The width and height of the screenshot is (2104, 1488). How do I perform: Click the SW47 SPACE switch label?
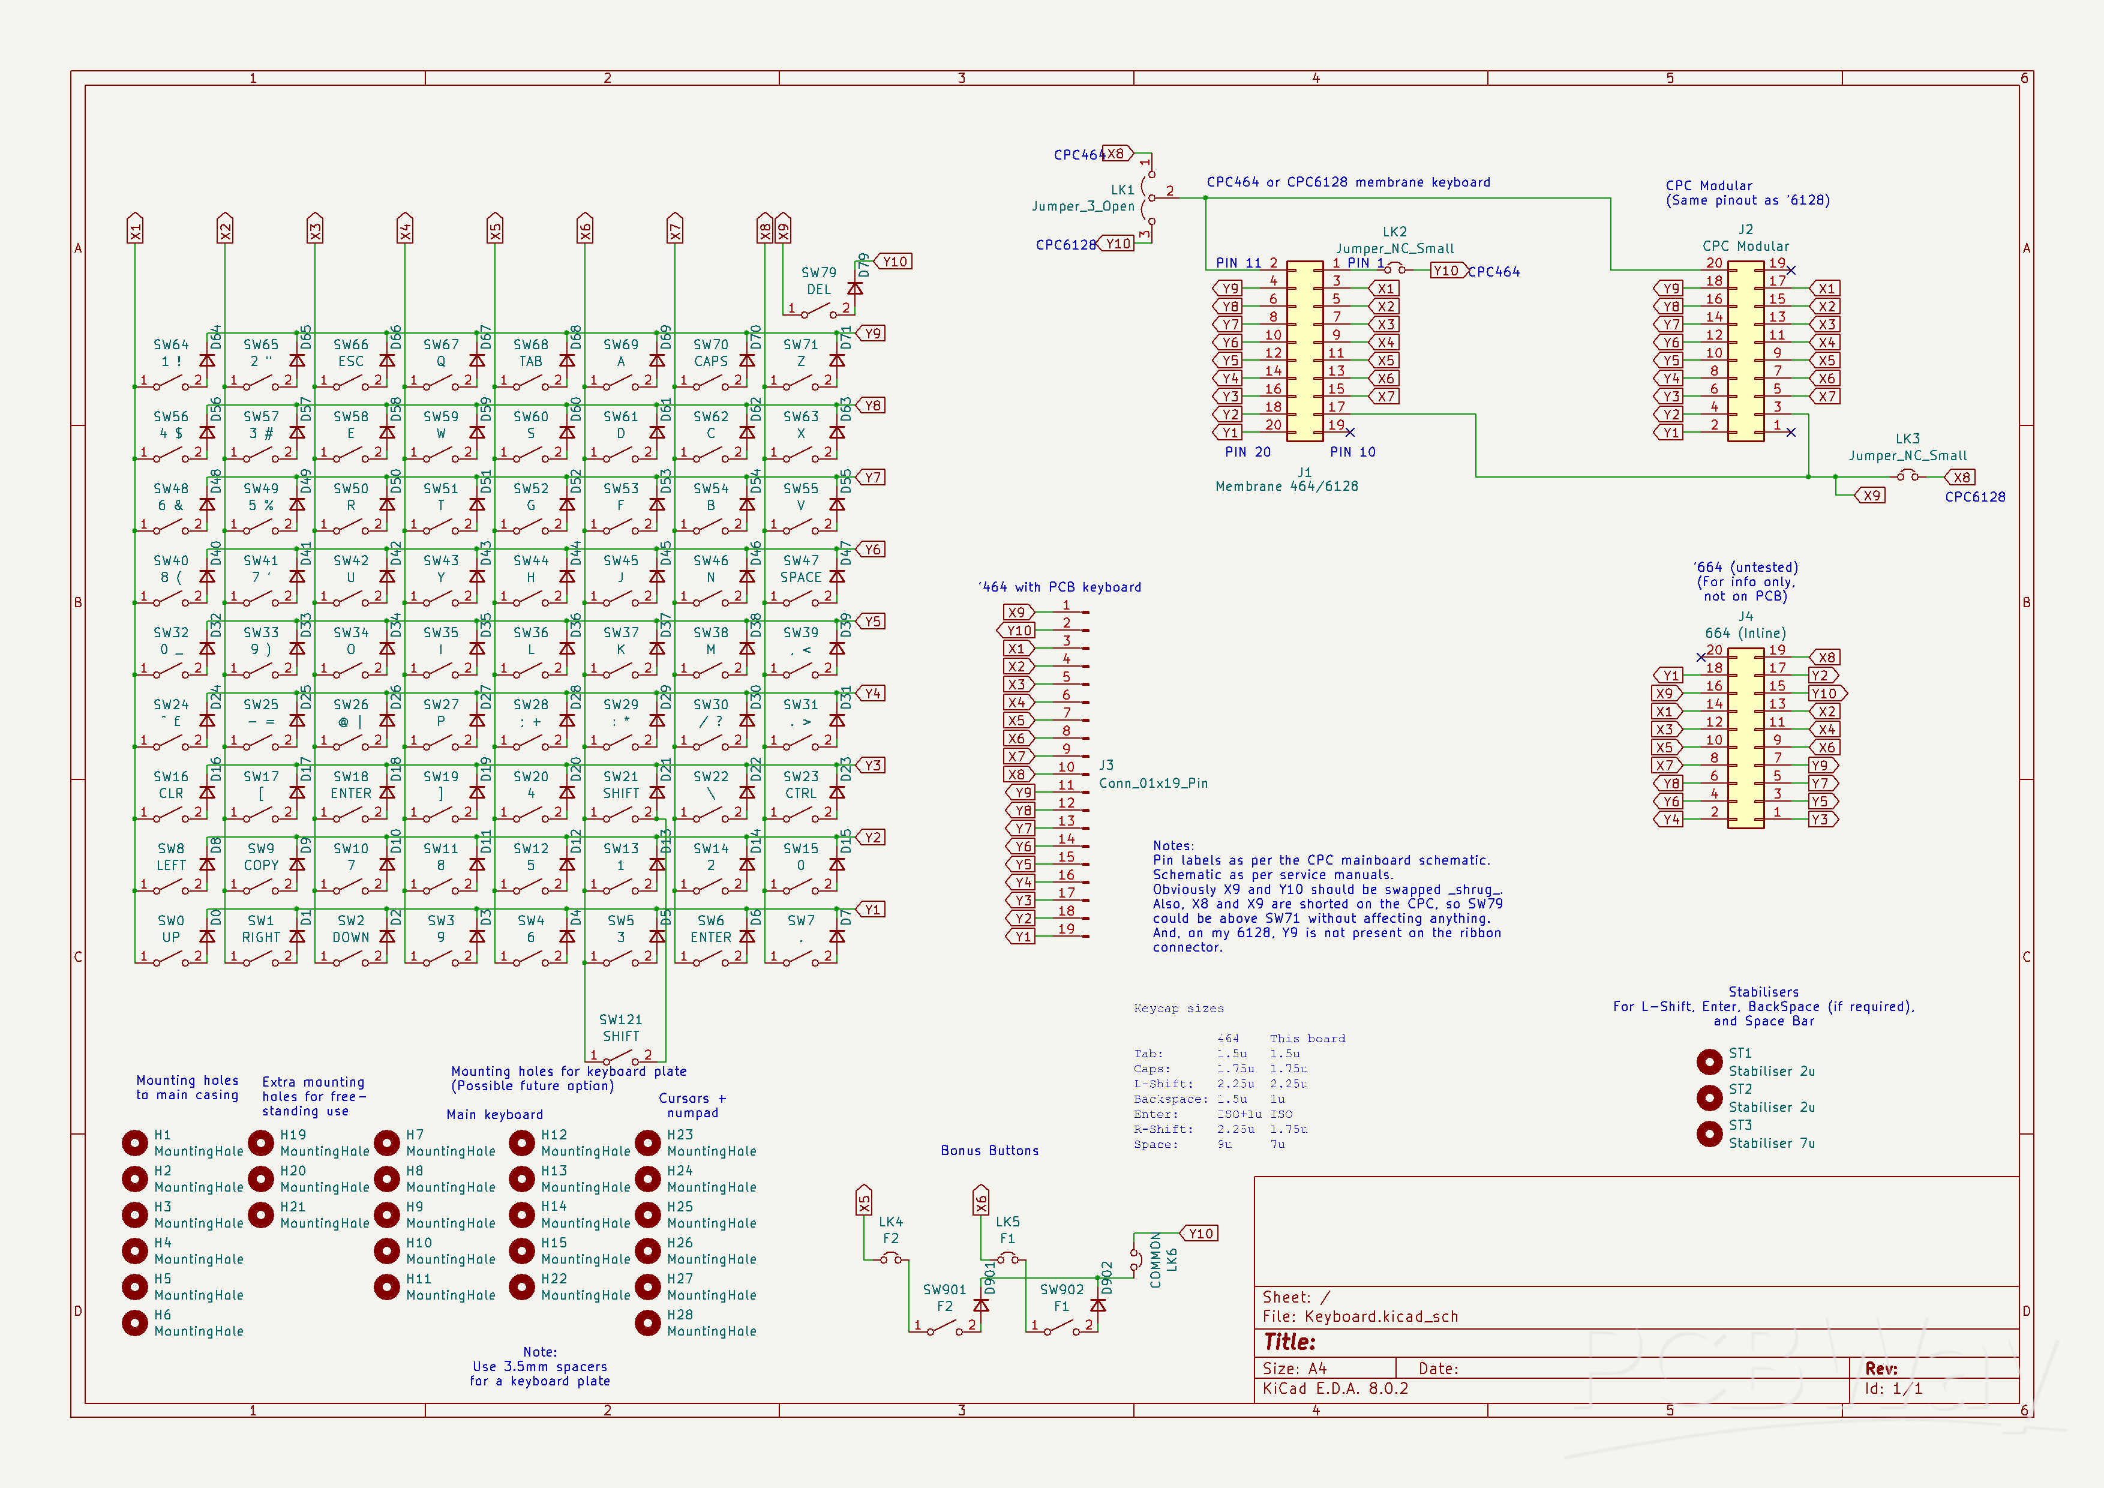point(801,569)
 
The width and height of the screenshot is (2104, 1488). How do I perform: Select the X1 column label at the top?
point(136,229)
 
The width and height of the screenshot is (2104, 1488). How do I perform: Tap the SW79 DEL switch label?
point(818,280)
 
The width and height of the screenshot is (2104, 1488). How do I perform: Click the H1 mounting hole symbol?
point(135,1142)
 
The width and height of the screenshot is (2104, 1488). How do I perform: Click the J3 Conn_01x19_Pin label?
point(1153,774)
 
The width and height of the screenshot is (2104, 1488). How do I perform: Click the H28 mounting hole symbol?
point(648,1323)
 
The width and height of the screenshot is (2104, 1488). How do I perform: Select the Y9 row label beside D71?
point(872,334)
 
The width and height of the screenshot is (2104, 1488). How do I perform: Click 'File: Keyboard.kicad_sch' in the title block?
point(1360,1316)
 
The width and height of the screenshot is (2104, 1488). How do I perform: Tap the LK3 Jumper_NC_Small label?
point(1907,447)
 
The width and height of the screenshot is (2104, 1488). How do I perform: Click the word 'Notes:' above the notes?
point(1173,846)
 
